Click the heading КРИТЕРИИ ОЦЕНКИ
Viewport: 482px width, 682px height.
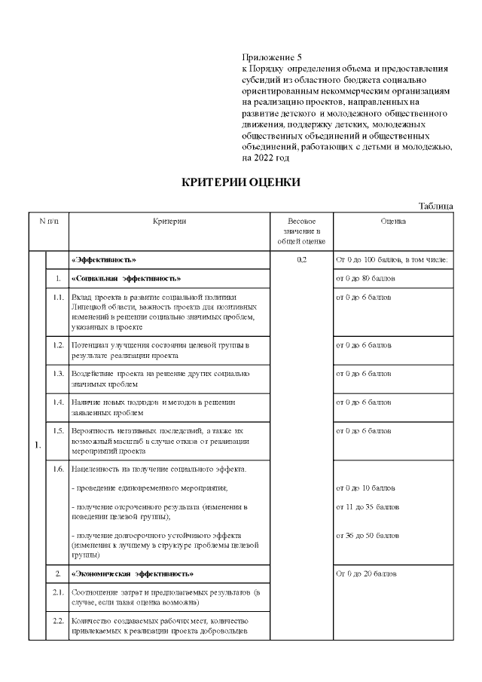point(241,182)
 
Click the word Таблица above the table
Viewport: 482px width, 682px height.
point(436,206)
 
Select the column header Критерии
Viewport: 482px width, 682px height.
point(169,222)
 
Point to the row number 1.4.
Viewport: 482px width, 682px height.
point(58,403)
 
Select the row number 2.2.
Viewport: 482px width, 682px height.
point(58,622)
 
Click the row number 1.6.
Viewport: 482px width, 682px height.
point(58,469)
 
